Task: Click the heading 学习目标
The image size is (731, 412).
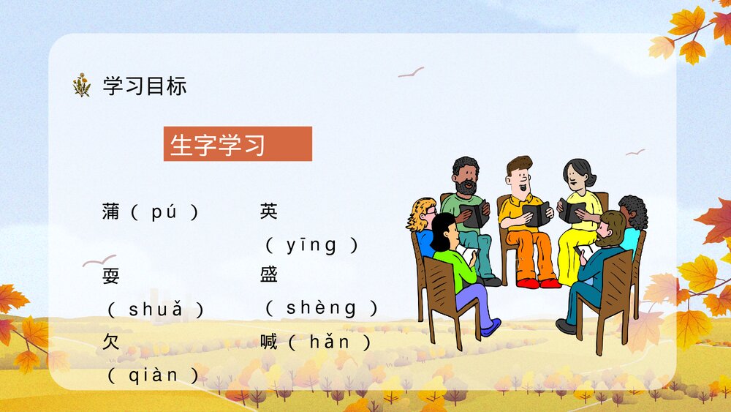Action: [145, 86]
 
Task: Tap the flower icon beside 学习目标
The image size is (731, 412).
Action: [82, 86]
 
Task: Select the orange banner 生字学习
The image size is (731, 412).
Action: [238, 144]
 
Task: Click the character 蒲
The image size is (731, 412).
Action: [111, 213]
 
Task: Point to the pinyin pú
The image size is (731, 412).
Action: [164, 213]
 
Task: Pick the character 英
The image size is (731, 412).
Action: [268, 213]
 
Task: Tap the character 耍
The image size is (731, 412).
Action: [111, 277]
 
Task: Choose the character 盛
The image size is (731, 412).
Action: [268, 277]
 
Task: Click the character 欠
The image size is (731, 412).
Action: [111, 342]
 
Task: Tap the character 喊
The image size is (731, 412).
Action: [268, 342]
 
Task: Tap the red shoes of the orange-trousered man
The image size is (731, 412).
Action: [538, 282]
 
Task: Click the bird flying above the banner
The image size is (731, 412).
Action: [411, 72]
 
